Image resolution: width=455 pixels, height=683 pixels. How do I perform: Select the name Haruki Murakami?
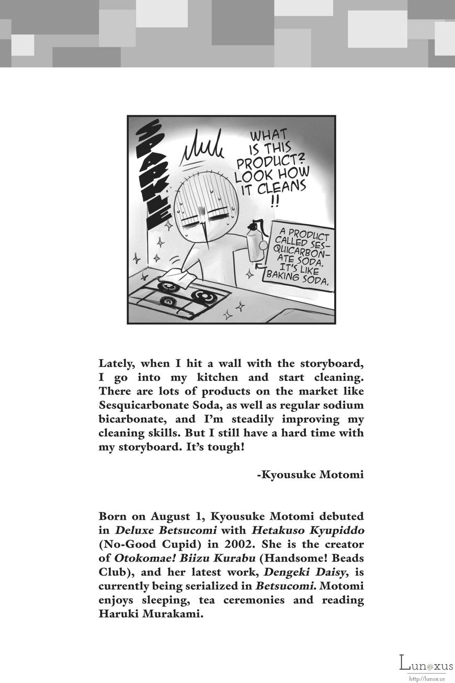150,614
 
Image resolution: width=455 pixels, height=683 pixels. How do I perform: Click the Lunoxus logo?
426,664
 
